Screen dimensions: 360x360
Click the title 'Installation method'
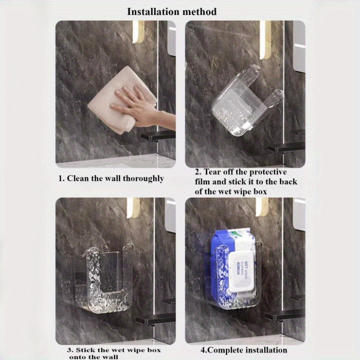coord(171,11)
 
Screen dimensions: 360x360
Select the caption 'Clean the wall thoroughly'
coord(111,179)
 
